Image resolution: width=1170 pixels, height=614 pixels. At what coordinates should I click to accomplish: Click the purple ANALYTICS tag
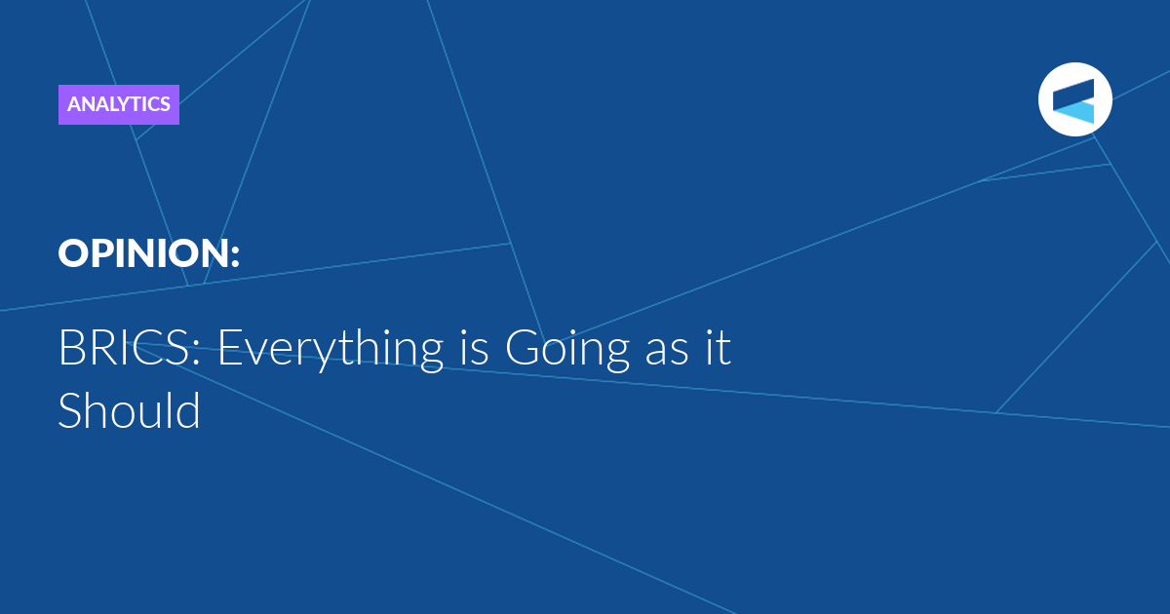pos(119,104)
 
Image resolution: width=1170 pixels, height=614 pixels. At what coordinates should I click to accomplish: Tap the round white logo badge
pos(1074,99)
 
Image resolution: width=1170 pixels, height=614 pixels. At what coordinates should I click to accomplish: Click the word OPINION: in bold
pos(149,253)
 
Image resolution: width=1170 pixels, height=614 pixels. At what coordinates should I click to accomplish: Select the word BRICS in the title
pos(124,348)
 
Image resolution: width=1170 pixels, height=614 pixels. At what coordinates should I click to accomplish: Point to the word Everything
pos(331,350)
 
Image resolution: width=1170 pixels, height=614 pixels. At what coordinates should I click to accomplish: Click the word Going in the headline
pos(567,350)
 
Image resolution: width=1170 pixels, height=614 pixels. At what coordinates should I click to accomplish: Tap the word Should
pos(129,410)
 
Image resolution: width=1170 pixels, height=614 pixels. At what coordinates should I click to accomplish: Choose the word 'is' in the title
pos(474,347)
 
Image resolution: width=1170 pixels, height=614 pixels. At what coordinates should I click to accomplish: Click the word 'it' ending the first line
pos(718,347)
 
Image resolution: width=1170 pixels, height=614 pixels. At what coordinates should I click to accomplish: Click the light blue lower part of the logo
pos(1076,113)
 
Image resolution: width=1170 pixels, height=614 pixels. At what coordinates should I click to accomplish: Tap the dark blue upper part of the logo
pos(1073,94)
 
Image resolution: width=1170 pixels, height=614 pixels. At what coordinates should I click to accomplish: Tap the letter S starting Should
pos(70,410)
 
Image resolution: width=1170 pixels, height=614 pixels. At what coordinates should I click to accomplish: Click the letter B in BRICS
pos(71,348)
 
